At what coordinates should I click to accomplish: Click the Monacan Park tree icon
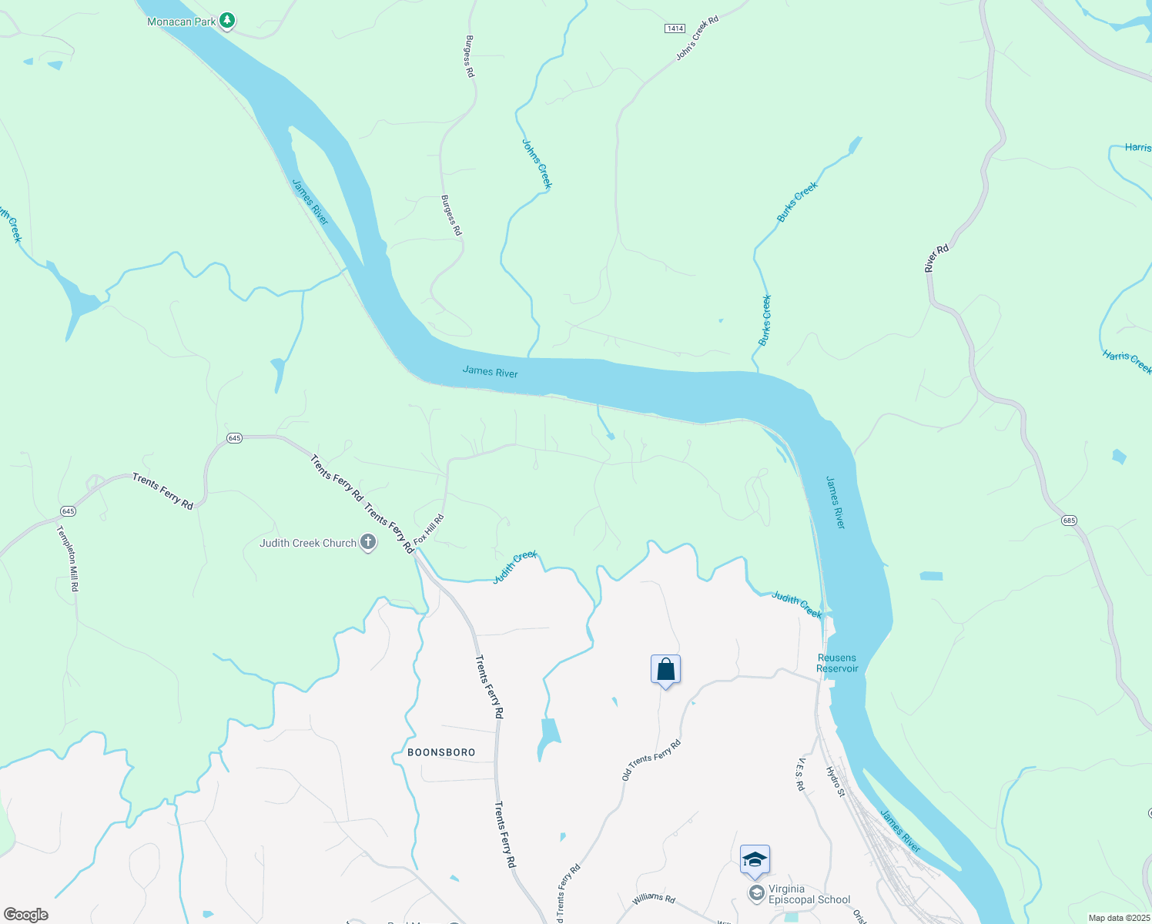pos(226,21)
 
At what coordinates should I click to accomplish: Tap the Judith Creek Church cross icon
pos(368,543)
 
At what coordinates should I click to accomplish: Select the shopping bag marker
pos(665,670)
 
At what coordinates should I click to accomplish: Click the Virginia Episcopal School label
pos(809,894)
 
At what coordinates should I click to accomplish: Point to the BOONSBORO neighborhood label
pos(441,752)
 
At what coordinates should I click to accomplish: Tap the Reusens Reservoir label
pos(837,663)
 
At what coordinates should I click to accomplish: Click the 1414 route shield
pos(675,28)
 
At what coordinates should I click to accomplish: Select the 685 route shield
pos(1069,521)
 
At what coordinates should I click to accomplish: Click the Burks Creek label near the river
pos(765,320)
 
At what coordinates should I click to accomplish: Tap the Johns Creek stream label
pos(537,164)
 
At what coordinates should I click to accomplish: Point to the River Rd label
pos(936,259)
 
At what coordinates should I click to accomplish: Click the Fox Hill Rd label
pos(429,530)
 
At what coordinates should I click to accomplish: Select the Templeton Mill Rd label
pos(69,558)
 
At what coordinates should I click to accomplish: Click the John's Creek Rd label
pos(697,38)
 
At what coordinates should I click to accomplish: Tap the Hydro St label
pos(836,781)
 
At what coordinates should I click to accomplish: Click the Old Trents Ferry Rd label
pos(651,760)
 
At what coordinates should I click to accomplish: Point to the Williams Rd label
pos(654,899)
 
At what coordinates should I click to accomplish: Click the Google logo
pos(25,915)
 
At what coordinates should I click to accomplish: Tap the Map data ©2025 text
pos(1117,918)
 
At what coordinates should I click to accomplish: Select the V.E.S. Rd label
pos(800,774)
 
